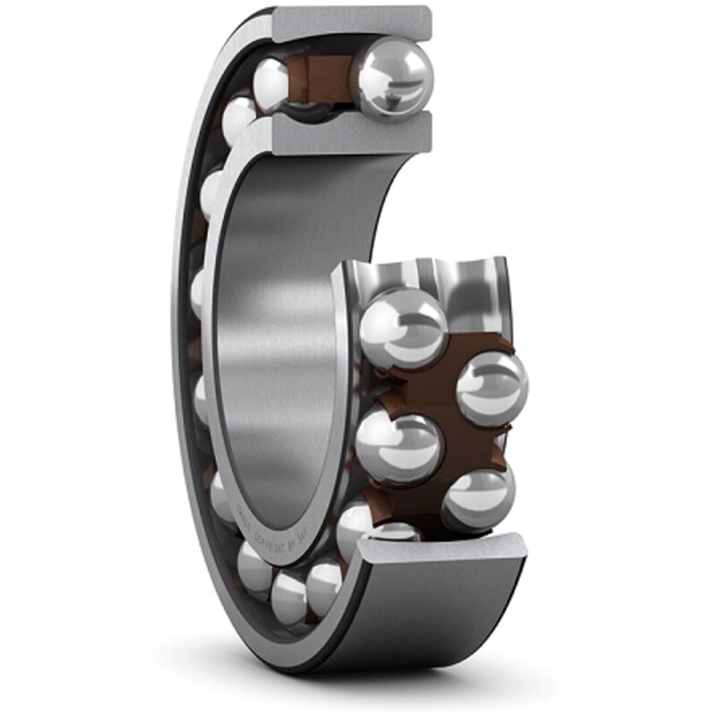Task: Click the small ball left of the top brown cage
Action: (270, 85)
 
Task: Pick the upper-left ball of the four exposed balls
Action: (403, 328)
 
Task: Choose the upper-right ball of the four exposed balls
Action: (491, 387)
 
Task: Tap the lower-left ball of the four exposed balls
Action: (398, 446)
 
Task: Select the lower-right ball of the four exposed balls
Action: (479, 499)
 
